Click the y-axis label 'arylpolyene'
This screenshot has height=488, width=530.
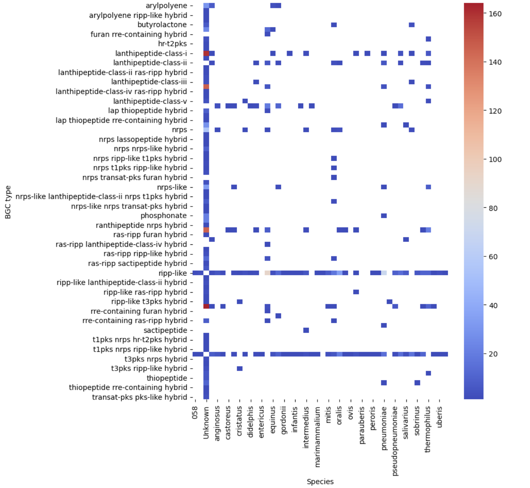[166, 6]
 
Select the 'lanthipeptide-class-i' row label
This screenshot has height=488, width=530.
[151, 53]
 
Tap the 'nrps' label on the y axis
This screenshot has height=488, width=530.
[179, 130]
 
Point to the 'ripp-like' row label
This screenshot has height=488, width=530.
[172, 273]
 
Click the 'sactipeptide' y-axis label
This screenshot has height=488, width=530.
[165, 330]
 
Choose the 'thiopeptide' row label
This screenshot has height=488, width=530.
[166, 378]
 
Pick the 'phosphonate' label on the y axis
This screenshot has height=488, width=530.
[163, 215]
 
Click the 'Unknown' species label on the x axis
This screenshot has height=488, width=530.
[206, 423]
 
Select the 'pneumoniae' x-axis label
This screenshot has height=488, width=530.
[384, 428]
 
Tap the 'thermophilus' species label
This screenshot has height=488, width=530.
[428, 429]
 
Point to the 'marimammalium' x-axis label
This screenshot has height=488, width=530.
[318, 437]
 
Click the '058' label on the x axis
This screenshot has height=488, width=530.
[195, 413]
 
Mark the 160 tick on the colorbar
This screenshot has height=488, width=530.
[495, 14]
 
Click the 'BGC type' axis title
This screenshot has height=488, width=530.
[8, 202]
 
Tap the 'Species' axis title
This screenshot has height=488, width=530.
[320, 481]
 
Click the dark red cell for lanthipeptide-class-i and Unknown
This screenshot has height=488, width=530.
[206, 53]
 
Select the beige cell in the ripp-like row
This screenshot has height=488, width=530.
[267, 273]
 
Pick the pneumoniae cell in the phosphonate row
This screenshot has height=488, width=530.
[384, 215]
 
